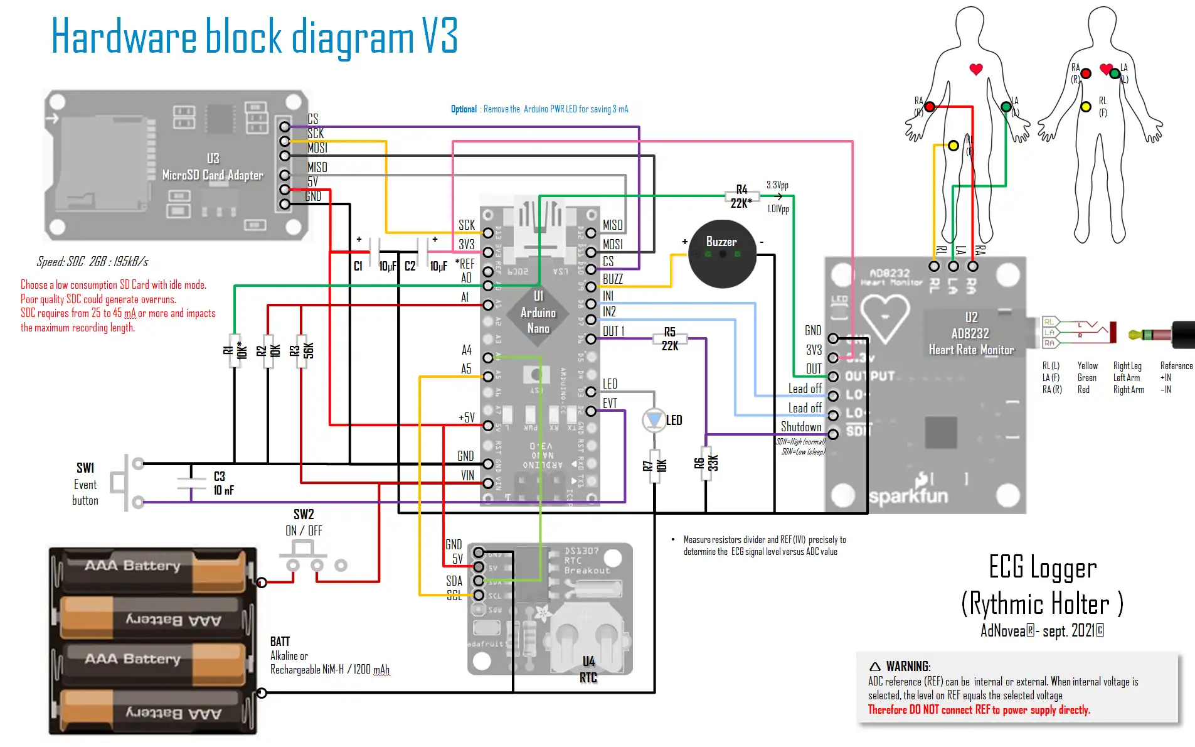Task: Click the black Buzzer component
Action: tap(722, 254)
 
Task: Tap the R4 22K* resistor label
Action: tap(741, 196)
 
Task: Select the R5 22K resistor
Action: tap(670, 339)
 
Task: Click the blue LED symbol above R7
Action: tap(654, 419)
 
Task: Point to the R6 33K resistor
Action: tap(706, 464)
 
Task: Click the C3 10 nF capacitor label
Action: tap(223, 483)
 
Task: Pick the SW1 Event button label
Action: tap(85, 484)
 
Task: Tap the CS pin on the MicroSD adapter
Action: tap(285, 127)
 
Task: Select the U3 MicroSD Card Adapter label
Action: tap(213, 167)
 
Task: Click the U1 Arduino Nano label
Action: tap(538, 312)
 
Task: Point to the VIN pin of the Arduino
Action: tap(488, 483)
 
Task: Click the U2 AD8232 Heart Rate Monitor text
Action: tap(971, 333)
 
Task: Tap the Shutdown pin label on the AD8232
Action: tap(801, 427)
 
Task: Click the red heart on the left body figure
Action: tap(976, 69)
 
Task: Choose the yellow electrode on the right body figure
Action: tap(1086, 107)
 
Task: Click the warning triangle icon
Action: tap(875, 667)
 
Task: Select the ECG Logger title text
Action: tap(1043, 567)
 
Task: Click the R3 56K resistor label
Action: tap(302, 350)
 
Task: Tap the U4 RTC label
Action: tap(588, 669)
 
